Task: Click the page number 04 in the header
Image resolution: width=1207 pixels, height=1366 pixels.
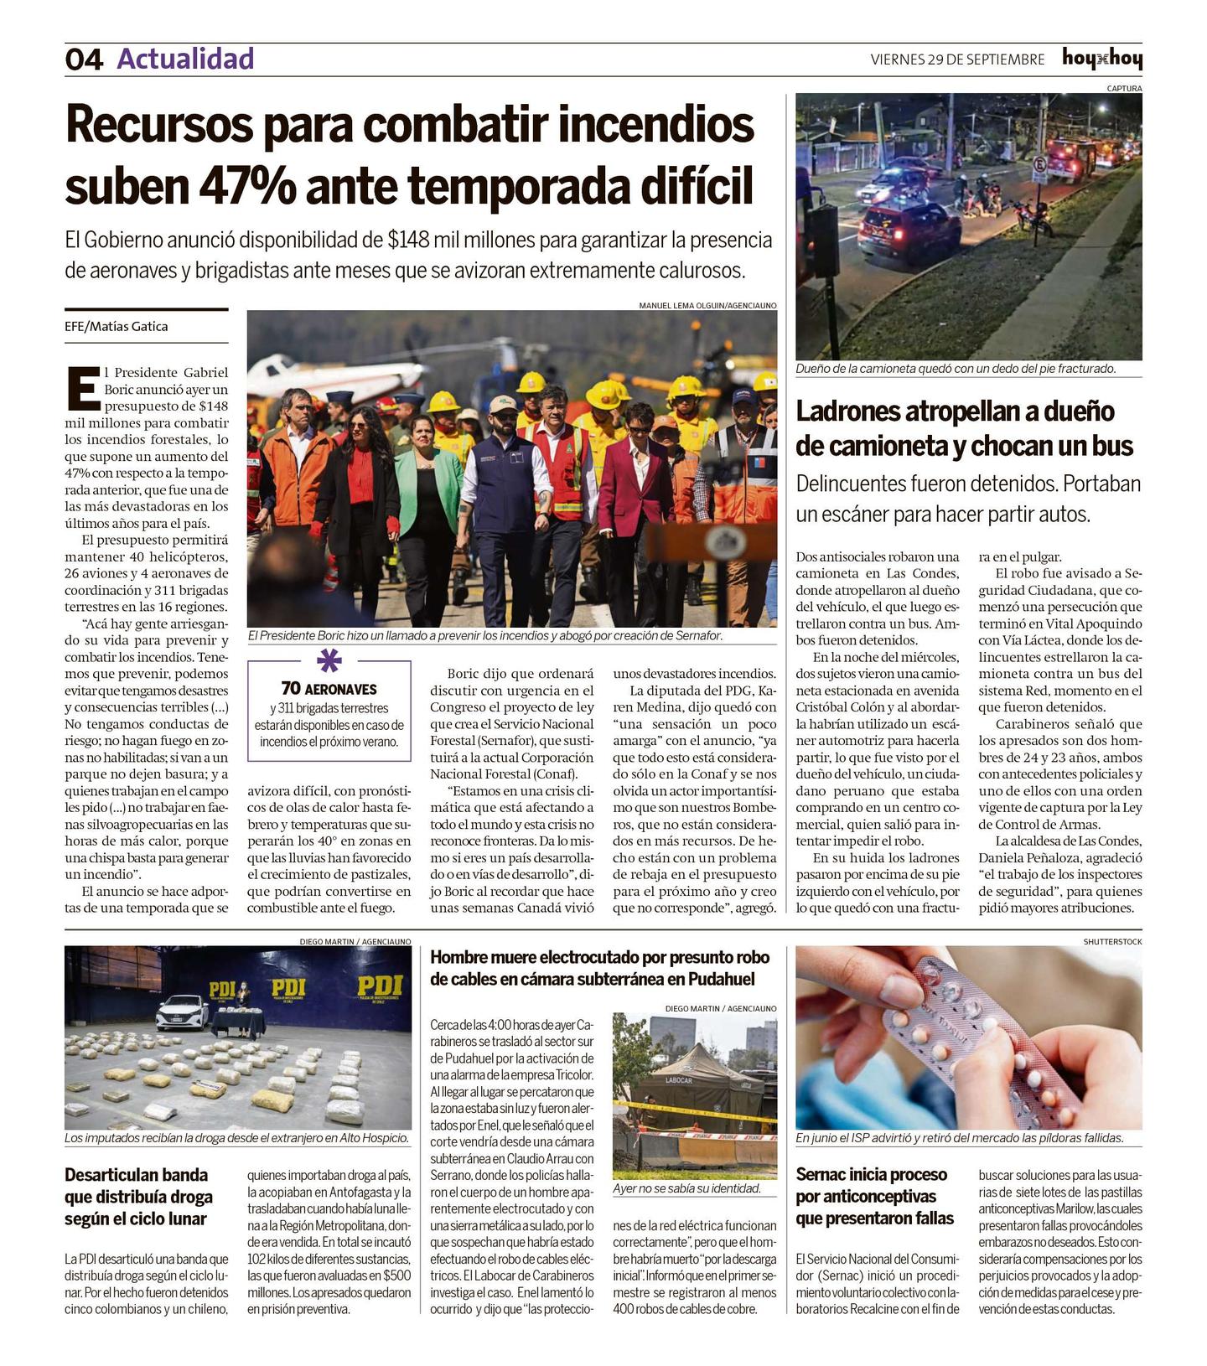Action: pos(84,60)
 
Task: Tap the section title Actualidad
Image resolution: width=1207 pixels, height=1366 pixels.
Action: pos(185,59)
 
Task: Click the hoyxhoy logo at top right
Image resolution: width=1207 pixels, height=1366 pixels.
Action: pos(1101,59)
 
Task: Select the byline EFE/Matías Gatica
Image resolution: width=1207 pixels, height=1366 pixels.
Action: pos(117,327)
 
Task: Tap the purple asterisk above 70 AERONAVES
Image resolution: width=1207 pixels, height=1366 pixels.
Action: pos(329,661)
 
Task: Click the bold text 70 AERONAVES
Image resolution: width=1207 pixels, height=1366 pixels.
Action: pos(329,689)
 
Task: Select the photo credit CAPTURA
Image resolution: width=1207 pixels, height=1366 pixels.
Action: pos(1124,88)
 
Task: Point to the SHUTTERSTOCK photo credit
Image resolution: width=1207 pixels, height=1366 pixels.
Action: pos(1112,942)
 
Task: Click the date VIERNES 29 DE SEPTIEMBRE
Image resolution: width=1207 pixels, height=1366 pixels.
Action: pos(957,60)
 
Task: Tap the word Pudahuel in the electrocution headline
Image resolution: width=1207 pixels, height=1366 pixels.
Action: pos(722,979)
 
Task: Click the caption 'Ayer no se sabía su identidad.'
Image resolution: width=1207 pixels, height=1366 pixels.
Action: pos(686,1188)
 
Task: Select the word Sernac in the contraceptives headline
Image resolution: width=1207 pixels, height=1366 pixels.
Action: pos(825,1174)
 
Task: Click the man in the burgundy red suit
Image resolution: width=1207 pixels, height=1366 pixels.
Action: pos(634,494)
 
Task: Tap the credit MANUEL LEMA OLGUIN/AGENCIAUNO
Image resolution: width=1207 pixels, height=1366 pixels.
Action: pos(707,306)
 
